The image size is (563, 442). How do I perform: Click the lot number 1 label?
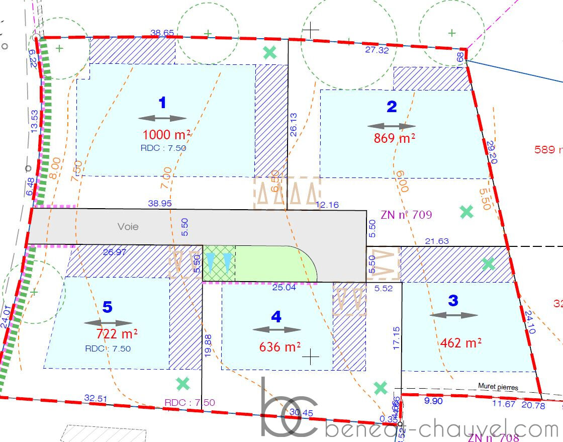(162, 103)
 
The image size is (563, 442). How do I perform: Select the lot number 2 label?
(392, 107)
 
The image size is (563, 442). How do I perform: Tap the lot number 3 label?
(453, 301)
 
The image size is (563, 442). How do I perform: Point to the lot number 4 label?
(276, 317)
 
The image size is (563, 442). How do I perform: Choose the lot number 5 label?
(108, 307)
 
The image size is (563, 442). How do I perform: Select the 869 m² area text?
(395, 138)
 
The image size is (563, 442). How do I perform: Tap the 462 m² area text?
(461, 342)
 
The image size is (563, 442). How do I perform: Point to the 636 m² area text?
(280, 346)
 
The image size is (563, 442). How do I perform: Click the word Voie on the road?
(128, 227)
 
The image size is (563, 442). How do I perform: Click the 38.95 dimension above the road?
(160, 204)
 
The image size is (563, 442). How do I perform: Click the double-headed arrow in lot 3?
(454, 315)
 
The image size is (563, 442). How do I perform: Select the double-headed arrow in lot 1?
(162, 119)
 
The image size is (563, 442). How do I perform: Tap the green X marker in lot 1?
(270, 53)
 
